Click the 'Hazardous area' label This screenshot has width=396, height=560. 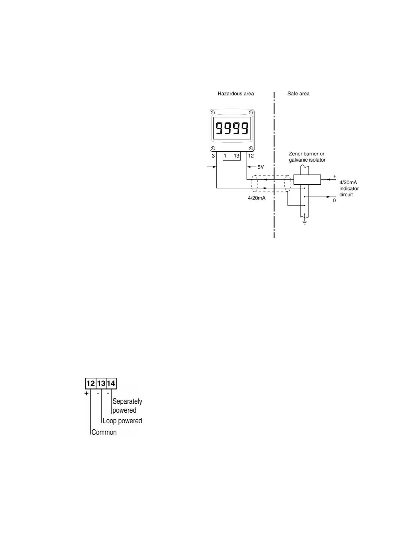click(x=236, y=94)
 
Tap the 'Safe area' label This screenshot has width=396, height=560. click(x=298, y=94)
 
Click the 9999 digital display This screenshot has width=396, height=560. click(x=232, y=128)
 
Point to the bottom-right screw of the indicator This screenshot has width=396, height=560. click(x=251, y=148)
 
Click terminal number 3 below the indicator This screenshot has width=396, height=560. click(x=213, y=156)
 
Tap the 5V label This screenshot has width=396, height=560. click(x=261, y=167)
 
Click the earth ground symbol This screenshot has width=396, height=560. click(x=304, y=221)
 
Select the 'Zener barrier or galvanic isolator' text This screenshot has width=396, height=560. click(x=307, y=157)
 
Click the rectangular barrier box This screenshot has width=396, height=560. click(x=307, y=179)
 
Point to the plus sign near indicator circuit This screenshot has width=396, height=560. click(x=335, y=176)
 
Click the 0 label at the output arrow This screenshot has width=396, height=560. click(x=334, y=201)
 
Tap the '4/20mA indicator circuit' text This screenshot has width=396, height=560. click(x=349, y=189)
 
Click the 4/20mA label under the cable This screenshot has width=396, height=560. click(x=257, y=198)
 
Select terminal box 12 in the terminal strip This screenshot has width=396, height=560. click(x=91, y=384)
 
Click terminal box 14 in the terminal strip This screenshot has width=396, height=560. click(x=111, y=384)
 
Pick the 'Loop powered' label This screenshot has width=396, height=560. click(x=122, y=421)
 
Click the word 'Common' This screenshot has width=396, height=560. click(x=104, y=432)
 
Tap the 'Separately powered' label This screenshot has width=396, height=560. click(x=127, y=406)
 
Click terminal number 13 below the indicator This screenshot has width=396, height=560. click(x=236, y=156)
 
